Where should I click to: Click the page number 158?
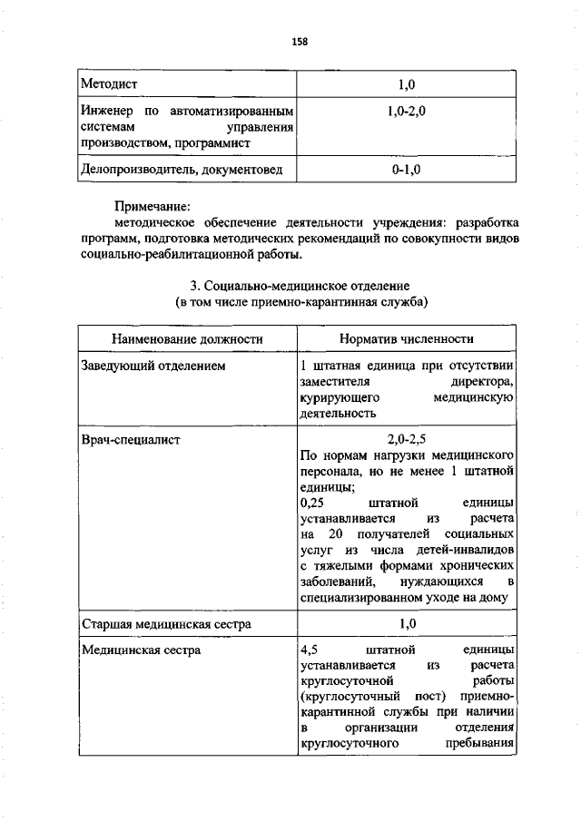pos(300,40)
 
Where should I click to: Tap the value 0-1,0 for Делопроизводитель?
pos(406,169)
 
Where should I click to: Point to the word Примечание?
pos(157,207)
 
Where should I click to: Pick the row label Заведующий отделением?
pos(153,366)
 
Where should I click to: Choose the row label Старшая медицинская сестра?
pos(166,625)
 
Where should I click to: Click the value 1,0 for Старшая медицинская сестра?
pos(406,625)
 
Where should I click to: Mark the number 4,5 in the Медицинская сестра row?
pos(309,651)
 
